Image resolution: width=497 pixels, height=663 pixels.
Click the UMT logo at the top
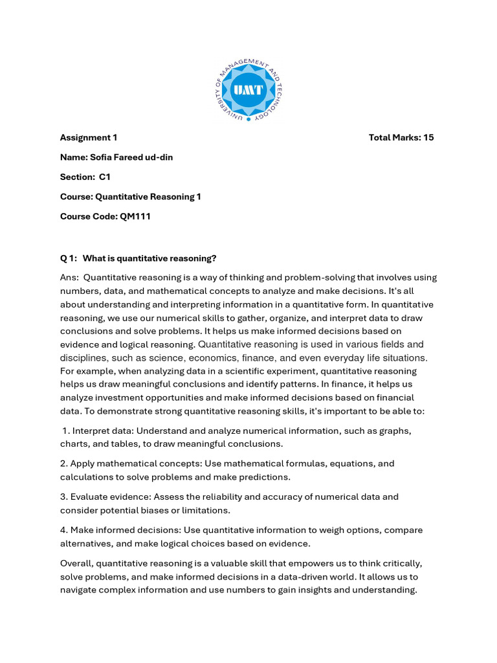point(248,90)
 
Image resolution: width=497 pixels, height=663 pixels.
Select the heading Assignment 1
point(89,137)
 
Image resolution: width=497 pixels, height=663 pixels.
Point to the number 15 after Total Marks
point(428,137)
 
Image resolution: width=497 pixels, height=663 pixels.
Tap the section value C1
point(105,177)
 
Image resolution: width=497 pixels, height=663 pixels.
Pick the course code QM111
point(135,216)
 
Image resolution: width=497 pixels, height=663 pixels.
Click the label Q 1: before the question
point(69,258)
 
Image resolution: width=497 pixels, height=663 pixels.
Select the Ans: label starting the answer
point(69,277)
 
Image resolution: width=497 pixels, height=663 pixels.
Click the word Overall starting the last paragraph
point(76,563)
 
